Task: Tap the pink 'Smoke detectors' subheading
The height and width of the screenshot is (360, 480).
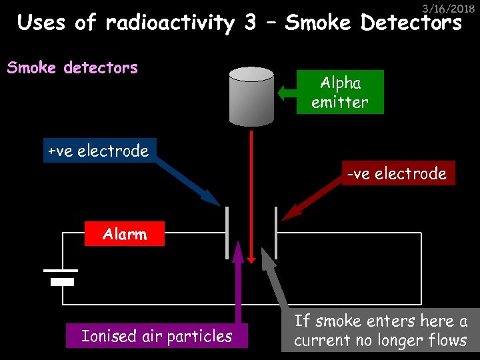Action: click(x=72, y=68)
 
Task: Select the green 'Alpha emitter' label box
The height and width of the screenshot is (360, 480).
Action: click(x=340, y=92)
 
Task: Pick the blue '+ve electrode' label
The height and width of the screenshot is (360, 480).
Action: click(x=98, y=151)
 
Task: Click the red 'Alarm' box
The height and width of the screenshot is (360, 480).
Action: click(x=125, y=234)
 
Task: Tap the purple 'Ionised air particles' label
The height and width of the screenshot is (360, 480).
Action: click(x=157, y=336)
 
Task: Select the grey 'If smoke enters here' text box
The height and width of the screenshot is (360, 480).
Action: click(x=381, y=331)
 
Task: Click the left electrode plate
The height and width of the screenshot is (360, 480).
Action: click(x=227, y=233)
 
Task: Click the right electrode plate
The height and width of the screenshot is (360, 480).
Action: click(x=275, y=233)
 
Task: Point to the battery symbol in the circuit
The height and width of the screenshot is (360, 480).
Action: click(x=61, y=276)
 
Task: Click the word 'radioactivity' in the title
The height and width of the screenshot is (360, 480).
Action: click(x=170, y=23)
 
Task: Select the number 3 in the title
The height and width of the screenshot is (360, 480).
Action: click(x=250, y=23)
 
